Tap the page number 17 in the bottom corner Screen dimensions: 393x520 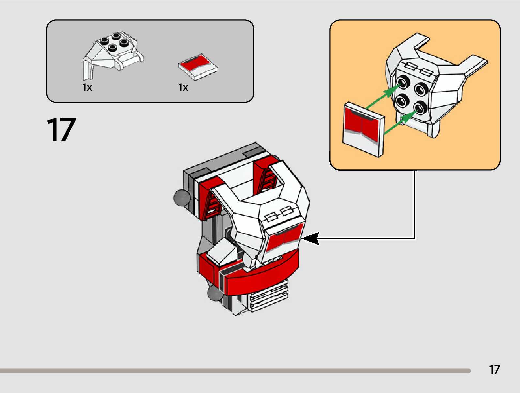[x=494, y=370]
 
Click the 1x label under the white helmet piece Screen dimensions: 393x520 [x=87, y=87]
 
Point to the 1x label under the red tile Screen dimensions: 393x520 [x=183, y=87]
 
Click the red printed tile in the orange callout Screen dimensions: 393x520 [x=363, y=129]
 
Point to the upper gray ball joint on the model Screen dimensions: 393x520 [x=181, y=198]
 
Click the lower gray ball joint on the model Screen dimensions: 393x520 [x=215, y=293]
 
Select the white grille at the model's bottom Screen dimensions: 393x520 [x=268, y=297]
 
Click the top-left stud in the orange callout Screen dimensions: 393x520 [x=403, y=82]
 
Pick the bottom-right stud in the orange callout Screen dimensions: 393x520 [x=420, y=107]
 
